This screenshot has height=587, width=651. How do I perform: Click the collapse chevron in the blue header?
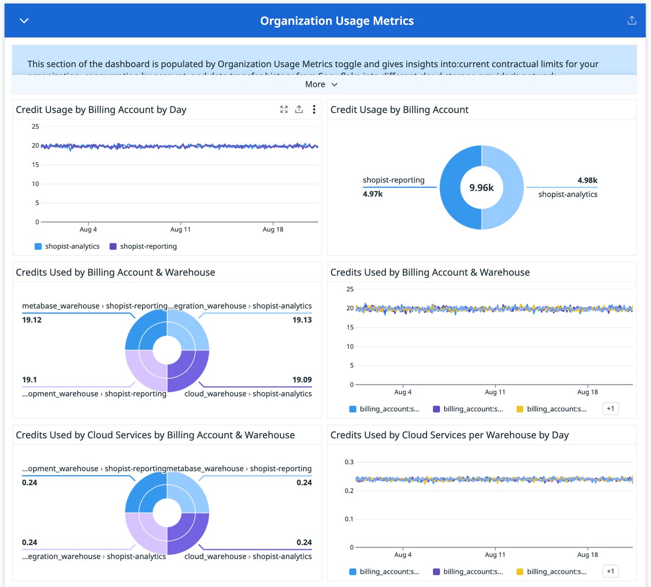click(x=24, y=20)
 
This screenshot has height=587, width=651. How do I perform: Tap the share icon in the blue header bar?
click(x=631, y=20)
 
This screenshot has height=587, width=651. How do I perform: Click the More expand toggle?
click(x=321, y=84)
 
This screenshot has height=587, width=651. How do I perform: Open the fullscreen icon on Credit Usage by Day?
click(x=284, y=109)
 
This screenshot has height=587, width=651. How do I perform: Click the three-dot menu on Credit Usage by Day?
click(x=314, y=109)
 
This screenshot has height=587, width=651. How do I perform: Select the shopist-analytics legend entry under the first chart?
click(x=67, y=246)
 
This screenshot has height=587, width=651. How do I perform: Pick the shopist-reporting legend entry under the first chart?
click(x=143, y=246)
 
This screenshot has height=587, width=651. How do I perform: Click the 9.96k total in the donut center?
click(x=481, y=187)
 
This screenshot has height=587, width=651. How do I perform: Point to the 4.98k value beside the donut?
click(x=587, y=180)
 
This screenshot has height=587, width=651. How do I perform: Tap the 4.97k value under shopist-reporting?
click(x=373, y=194)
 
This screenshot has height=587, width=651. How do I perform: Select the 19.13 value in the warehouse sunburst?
click(x=302, y=320)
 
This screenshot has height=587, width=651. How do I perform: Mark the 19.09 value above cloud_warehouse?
click(x=302, y=380)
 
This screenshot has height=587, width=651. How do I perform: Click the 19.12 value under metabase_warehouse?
click(x=32, y=320)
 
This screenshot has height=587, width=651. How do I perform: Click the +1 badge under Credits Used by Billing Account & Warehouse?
click(x=611, y=409)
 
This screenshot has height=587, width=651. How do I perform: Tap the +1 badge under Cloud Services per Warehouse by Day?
click(x=611, y=571)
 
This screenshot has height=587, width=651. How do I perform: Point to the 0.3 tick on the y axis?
click(x=349, y=462)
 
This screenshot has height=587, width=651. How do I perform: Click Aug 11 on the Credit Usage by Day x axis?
click(x=180, y=229)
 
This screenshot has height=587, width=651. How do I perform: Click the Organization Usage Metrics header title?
click(x=337, y=21)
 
